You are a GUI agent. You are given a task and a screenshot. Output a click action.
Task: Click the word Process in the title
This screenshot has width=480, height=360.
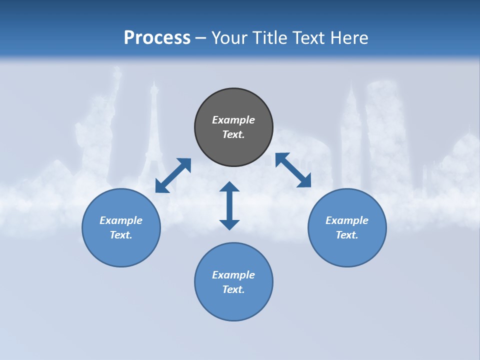click(157, 37)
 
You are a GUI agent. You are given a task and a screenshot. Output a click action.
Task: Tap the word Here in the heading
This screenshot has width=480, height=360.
click(348, 37)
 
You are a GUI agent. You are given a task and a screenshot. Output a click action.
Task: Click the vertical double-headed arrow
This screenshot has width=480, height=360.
click(229, 205)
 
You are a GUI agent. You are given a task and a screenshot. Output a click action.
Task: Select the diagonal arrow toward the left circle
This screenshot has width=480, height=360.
click(173, 175)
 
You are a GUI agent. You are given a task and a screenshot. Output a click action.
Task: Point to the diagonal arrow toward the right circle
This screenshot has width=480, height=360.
click(293, 170)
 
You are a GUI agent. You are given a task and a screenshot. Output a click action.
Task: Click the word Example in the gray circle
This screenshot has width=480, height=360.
click(233, 120)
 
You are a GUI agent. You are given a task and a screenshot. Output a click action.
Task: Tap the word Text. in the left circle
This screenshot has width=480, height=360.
click(121, 235)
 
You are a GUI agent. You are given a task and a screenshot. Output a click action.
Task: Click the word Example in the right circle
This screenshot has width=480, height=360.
click(347, 220)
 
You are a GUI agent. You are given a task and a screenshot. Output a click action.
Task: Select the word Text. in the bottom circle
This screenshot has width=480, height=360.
click(233, 289)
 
